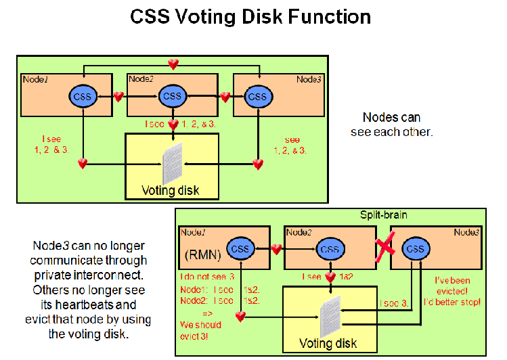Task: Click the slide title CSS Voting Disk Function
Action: (250, 17)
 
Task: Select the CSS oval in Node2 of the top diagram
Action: (173, 96)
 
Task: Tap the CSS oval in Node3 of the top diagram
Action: (258, 96)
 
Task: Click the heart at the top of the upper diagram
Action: (173, 64)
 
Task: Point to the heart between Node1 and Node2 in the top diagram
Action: (118, 97)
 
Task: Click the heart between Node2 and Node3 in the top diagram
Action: (225, 97)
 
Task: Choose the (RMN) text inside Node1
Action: (201, 255)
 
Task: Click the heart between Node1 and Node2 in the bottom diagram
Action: (276, 249)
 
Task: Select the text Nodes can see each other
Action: (391, 125)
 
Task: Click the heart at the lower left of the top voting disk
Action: (83, 163)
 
